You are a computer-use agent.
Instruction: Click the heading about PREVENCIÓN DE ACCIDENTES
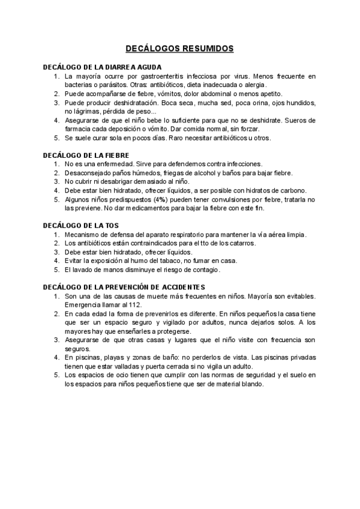(128, 286)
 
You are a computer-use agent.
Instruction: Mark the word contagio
(205, 270)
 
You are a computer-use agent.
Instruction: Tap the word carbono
(277, 190)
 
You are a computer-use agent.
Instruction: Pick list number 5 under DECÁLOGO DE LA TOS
(56, 270)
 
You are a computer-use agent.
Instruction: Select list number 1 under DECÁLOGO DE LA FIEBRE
(56, 164)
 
